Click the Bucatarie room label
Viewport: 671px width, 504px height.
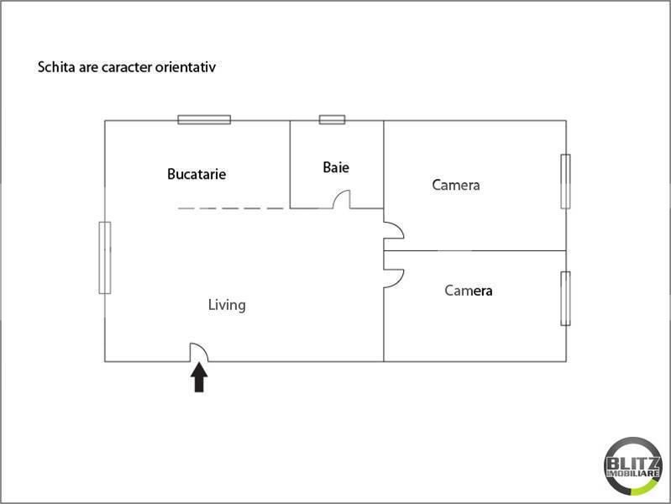tap(197, 175)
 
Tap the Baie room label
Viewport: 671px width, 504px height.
tap(336, 167)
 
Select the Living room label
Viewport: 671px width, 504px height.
tap(227, 305)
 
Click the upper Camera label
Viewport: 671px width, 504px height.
tap(456, 185)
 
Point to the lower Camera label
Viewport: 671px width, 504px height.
tap(469, 291)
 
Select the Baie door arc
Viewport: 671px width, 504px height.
tap(342, 199)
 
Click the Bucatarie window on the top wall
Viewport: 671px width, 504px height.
tap(204, 120)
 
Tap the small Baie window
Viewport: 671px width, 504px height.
tap(332, 120)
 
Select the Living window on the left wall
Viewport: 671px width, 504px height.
tap(105, 257)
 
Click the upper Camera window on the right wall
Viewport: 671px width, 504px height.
tap(566, 181)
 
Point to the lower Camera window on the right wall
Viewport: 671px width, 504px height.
tap(566, 298)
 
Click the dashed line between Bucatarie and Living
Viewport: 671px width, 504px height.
tap(231, 207)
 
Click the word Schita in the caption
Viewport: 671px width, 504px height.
tap(55, 66)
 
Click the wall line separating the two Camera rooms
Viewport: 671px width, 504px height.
tap(474, 250)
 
